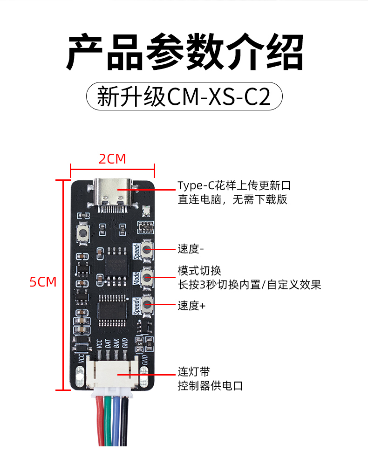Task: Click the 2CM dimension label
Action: point(112,159)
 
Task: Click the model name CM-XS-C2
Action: point(218,97)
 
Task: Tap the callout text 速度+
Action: point(191,306)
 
